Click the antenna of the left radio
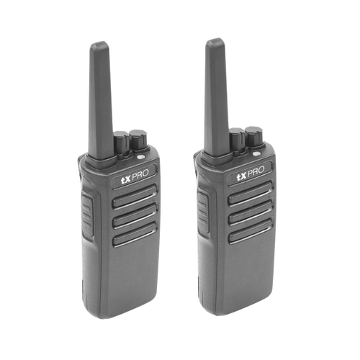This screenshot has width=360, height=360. pos(100,101)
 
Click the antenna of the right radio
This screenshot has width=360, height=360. pos(216,97)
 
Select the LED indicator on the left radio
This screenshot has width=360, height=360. pos(141,157)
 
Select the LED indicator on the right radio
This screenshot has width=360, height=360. pos(256,154)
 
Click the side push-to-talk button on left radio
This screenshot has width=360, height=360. pos(87,215)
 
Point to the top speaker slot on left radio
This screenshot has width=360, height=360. pos(135,197)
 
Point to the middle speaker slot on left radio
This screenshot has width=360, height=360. pos(135,216)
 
